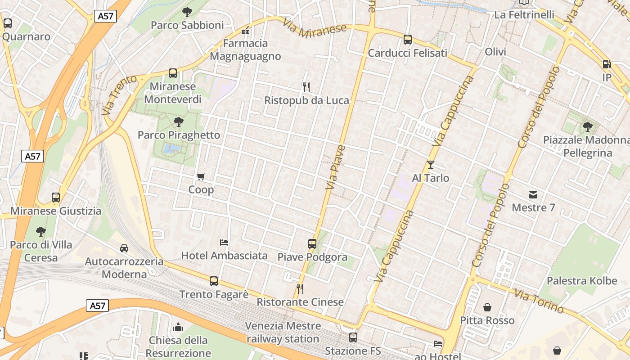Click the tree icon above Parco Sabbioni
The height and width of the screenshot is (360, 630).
click(x=187, y=12)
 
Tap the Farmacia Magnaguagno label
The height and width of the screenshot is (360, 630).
click(x=245, y=50)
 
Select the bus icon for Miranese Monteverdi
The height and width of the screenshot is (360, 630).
click(x=173, y=73)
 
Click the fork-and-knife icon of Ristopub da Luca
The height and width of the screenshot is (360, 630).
click(x=306, y=87)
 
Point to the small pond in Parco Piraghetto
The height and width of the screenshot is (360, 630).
click(x=171, y=148)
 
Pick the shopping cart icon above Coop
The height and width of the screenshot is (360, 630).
click(x=201, y=176)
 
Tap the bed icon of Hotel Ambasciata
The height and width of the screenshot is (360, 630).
click(x=224, y=243)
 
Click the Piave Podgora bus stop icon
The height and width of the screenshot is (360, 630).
click(x=312, y=244)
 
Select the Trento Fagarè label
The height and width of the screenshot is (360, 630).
click(x=214, y=294)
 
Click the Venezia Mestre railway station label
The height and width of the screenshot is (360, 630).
click(x=283, y=332)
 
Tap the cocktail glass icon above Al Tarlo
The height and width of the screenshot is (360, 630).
click(x=431, y=165)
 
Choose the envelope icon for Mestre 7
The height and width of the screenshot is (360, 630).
click(x=533, y=195)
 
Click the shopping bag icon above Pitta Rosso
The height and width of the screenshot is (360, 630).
click(x=487, y=308)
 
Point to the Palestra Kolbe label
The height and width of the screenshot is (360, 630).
click(x=582, y=281)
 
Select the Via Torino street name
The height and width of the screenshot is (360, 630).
click(x=539, y=301)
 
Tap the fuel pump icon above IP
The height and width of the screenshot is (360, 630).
click(x=607, y=65)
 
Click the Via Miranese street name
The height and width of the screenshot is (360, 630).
click(x=315, y=30)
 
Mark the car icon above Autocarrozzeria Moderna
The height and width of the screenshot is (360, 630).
click(x=124, y=248)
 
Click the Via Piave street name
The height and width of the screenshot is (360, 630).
click(x=335, y=166)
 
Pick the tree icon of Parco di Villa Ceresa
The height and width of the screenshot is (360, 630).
click(x=41, y=232)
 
